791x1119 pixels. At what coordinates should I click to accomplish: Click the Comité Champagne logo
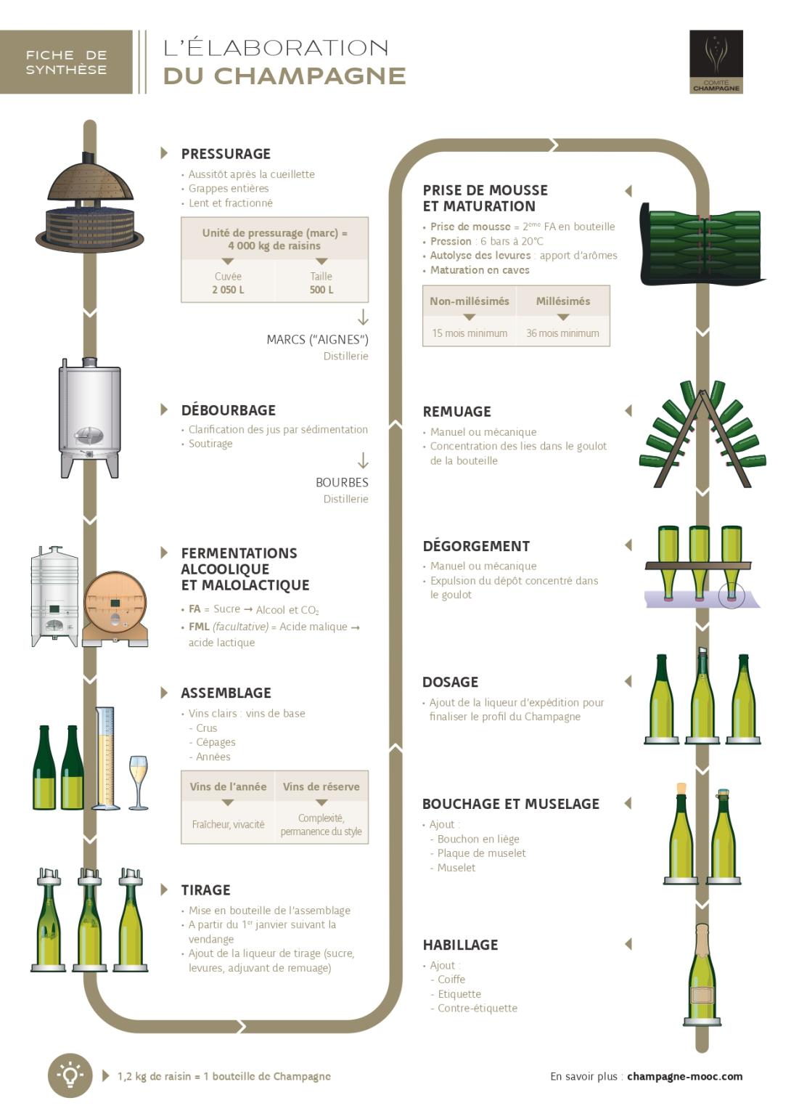click(x=716, y=62)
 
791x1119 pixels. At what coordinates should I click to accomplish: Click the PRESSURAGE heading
click(x=226, y=154)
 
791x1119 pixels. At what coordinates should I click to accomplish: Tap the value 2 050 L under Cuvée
click(x=228, y=290)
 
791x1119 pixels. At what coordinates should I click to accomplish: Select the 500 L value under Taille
click(x=321, y=290)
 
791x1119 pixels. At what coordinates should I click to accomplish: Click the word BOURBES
click(x=342, y=482)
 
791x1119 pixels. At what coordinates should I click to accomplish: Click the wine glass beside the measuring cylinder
click(x=138, y=781)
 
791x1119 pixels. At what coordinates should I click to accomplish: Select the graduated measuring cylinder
click(x=106, y=758)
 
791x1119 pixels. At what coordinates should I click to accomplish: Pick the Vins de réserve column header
click(x=321, y=786)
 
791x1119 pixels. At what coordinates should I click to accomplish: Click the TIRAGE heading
click(x=205, y=890)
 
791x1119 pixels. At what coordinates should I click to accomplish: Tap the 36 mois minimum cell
click(x=562, y=333)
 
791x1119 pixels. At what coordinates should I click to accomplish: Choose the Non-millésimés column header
click(x=469, y=301)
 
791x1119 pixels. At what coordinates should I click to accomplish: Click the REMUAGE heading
click(x=456, y=412)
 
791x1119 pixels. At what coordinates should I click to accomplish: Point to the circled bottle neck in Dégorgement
click(x=731, y=595)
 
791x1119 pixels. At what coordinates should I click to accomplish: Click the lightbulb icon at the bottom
click(x=70, y=1075)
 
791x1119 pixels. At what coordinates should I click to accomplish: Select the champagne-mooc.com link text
click(x=684, y=1076)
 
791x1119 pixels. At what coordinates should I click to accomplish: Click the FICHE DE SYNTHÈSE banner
click(x=66, y=62)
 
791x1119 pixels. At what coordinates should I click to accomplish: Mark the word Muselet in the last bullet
click(x=456, y=868)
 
